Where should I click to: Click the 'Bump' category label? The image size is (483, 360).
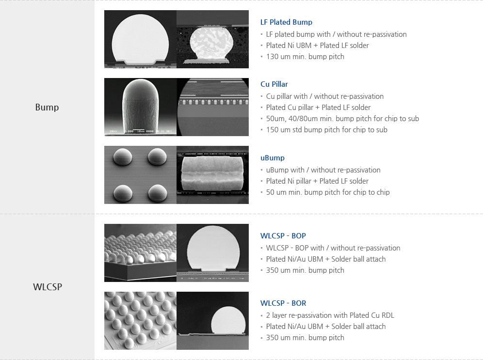click(47, 107)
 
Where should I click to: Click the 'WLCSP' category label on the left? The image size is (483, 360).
click(47, 286)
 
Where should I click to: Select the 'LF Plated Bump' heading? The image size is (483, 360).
click(286, 22)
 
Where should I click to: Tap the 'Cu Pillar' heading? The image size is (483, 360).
click(274, 84)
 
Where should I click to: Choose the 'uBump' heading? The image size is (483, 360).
click(272, 158)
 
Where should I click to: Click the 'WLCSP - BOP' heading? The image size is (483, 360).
click(283, 236)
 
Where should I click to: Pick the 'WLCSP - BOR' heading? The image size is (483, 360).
click(283, 303)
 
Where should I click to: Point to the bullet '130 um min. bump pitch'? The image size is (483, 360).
click(305, 57)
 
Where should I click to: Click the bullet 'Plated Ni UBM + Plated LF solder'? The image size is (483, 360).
click(317, 46)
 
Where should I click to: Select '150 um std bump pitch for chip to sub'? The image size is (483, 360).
click(326, 130)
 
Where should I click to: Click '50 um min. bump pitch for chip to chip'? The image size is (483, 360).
click(327, 192)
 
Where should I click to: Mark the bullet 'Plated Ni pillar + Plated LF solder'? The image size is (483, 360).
click(317, 181)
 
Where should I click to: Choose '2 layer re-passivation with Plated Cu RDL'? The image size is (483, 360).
click(330, 315)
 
